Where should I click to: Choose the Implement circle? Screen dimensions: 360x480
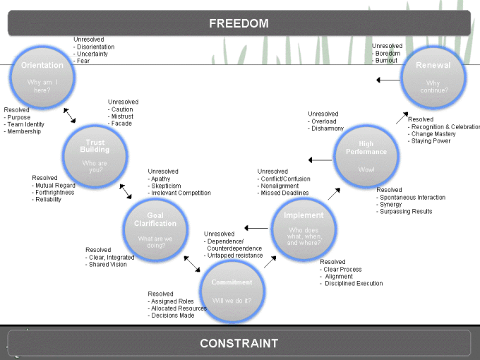click(304, 227)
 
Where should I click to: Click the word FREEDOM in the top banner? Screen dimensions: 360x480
click(239, 23)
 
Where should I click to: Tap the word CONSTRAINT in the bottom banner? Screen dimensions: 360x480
click(239, 344)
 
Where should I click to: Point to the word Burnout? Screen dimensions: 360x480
click(388, 61)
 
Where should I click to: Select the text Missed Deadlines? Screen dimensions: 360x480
click(284, 193)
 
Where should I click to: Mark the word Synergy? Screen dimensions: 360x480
click(392, 205)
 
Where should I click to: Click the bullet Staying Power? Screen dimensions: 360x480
click(431, 141)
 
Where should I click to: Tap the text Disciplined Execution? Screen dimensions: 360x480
click(354, 284)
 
